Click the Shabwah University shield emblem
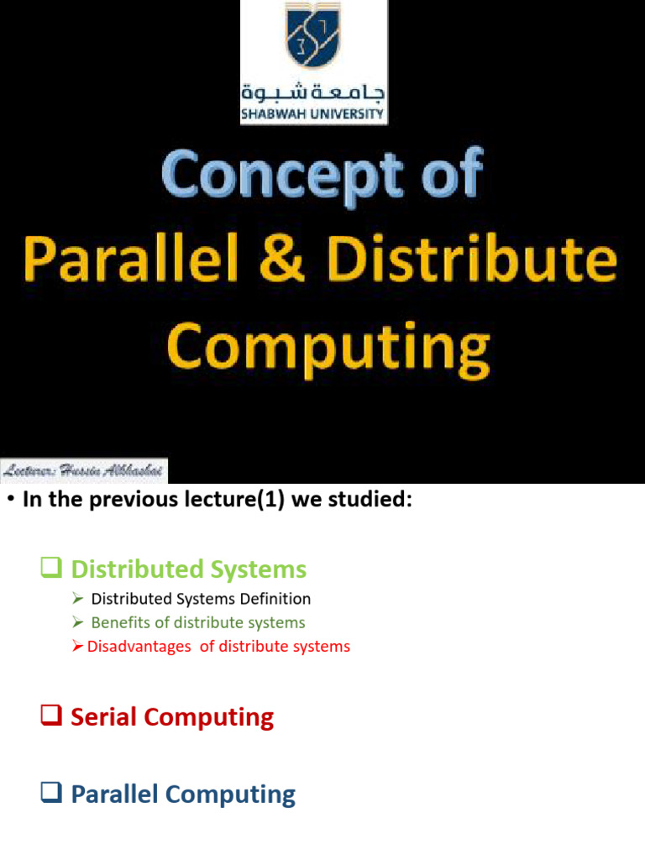coord(314,39)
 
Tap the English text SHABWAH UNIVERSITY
coord(313,114)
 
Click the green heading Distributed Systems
coord(188,569)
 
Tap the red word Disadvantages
coord(139,647)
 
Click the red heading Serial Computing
coord(172,717)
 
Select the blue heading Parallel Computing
coord(183,794)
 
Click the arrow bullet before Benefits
coord(77,622)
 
